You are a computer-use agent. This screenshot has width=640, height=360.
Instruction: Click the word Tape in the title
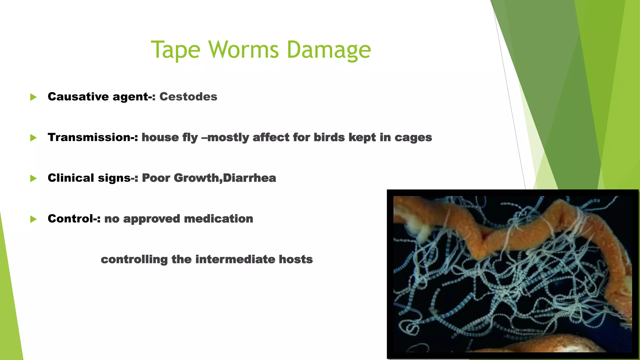pos(175,50)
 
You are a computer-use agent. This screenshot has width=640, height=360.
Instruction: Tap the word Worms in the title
pos(243,50)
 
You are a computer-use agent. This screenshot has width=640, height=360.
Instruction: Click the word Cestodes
pos(188,97)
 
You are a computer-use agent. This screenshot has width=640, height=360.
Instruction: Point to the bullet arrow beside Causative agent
pos(33,97)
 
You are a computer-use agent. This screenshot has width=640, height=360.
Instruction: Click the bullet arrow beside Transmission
pos(33,138)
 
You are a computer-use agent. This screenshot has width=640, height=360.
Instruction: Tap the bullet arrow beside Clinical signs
pos(33,178)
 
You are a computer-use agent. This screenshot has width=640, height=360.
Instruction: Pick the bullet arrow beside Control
pos(33,219)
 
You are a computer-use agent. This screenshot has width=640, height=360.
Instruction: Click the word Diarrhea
pos(249,178)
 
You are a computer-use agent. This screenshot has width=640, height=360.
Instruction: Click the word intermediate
pos(235,259)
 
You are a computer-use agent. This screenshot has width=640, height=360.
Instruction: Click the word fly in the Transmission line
pos(191,138)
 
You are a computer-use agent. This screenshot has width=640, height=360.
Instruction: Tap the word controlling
pos(134,260)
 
